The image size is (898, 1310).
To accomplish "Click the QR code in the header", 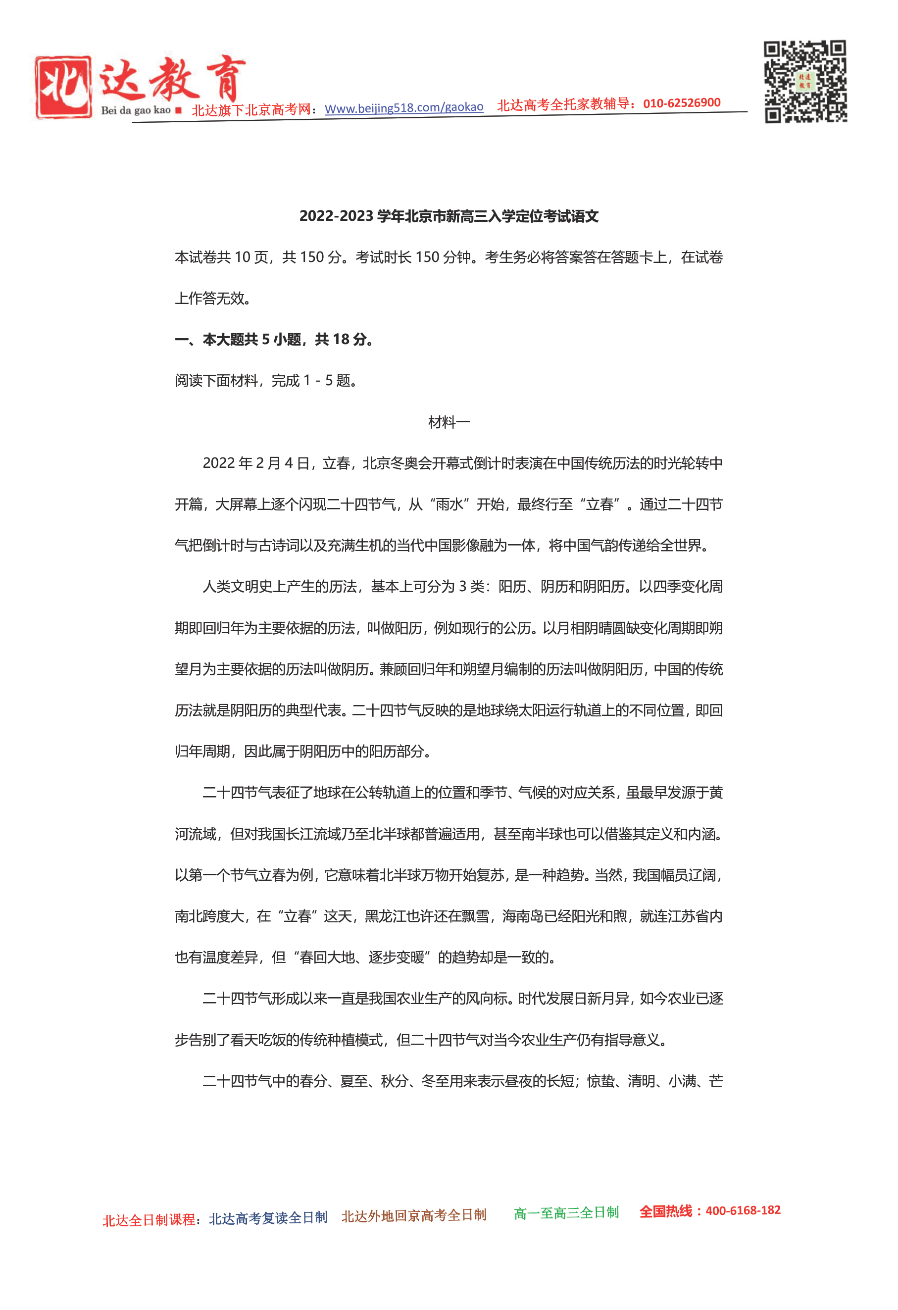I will (x=805, y=81).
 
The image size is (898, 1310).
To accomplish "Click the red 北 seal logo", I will (x=63, y=87).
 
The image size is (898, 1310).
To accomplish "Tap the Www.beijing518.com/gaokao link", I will (x=403, y=107).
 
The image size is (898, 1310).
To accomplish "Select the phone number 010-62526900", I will (x=682, y=103).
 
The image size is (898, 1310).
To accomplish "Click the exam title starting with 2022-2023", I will (x=449, y=216).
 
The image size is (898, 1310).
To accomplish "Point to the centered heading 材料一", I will (x=449, y=422).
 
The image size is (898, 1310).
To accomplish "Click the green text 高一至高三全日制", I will (x=566, y=1212).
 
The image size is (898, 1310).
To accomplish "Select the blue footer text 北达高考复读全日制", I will (x=268, y=1217).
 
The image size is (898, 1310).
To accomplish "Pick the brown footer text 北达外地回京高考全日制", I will (x=414, y=1215).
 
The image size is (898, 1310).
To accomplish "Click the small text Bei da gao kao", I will (x=135, y=110).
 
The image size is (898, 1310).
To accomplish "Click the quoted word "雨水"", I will (x=449, y=504).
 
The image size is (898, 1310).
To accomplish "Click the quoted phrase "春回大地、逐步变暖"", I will (x=362, y=957).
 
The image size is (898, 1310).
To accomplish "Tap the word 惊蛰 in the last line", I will (x=600, y=1081).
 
